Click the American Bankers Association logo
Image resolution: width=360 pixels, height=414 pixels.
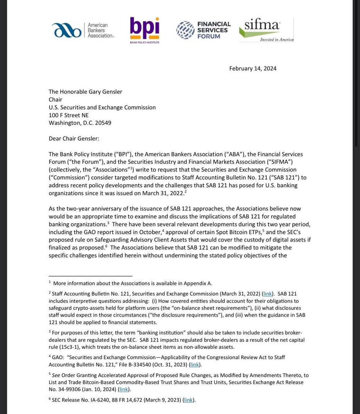[x=83, y=30]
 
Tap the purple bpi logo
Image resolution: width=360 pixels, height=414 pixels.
[x=145, y=30]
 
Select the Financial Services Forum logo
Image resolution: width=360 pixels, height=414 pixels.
[x=203, y=30]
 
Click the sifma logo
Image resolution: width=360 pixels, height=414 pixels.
[x=266, y=29]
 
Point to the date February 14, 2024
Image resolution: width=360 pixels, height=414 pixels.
[x=253, y=68]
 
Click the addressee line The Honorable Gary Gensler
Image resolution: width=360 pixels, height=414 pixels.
[x=85, y=91]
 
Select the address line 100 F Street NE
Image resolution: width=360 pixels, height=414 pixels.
[x=69, y=115]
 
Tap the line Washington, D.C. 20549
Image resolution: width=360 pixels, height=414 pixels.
[x=80, y=123]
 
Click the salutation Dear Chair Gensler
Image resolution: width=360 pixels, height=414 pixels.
[x=74, y=138]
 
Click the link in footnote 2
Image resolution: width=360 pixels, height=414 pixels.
[x=267, y=294]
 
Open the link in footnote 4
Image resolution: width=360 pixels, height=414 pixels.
[x=194, y=365]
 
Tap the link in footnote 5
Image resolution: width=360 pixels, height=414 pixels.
[x=124, y=390]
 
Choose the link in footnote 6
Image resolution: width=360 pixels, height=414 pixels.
[x=188, y=400]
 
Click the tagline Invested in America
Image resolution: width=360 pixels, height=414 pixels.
[x=276, y=39]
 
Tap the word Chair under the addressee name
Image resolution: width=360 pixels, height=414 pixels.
[x=56, y=99]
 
